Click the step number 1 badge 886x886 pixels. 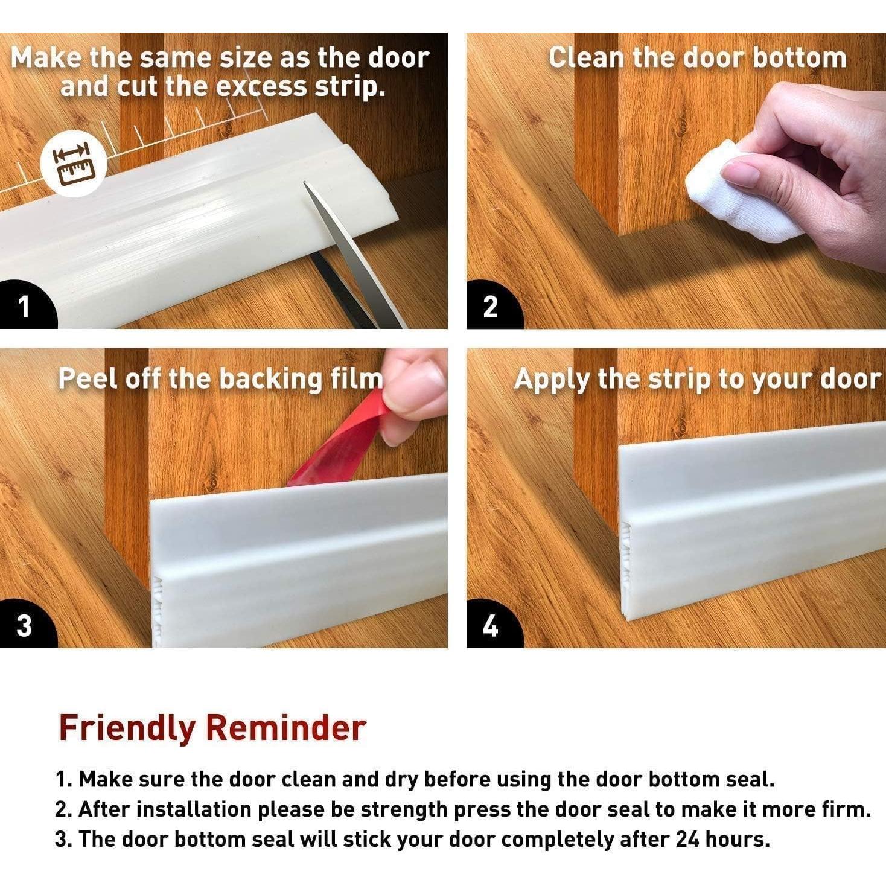(25, 306)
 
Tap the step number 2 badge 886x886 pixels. (491, 306)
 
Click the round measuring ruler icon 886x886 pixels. (74, 164)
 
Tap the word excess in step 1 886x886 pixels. (261, 88)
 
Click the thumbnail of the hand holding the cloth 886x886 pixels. (677, 180)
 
